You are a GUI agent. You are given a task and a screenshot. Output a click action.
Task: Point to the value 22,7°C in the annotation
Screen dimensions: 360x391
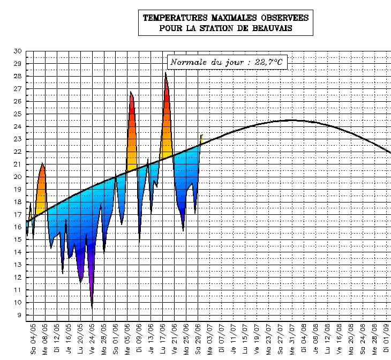click(x=269, y=63)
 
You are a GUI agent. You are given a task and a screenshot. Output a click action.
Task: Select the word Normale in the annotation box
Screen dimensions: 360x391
click(x=189, y=63)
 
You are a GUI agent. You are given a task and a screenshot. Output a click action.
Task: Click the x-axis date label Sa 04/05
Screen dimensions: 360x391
click(x=33, y=339)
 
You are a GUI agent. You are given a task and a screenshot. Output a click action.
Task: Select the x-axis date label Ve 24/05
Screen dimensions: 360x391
click(x=92, y=339)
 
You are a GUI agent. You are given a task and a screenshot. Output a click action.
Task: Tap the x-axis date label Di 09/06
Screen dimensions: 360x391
click(x=139, y=339)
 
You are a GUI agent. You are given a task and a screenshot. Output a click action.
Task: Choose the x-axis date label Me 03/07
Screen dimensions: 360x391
click(x=210, y=339)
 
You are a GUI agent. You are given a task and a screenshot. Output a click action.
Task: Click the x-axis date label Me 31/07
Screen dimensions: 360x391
click(x=292, y=339)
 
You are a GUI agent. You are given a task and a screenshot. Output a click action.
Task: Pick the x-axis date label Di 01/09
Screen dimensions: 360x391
click(x=387, y=339)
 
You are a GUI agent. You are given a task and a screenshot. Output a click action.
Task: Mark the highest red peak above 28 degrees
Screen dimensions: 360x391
click(x=166, y=73)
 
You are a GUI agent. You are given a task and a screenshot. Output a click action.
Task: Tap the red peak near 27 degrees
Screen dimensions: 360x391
click(x=130, y=92)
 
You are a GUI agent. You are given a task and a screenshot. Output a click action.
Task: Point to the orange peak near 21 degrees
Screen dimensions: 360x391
click(x=42, y=163)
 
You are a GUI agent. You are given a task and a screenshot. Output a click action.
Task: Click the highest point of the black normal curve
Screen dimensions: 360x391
click(x=291, y=120)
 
